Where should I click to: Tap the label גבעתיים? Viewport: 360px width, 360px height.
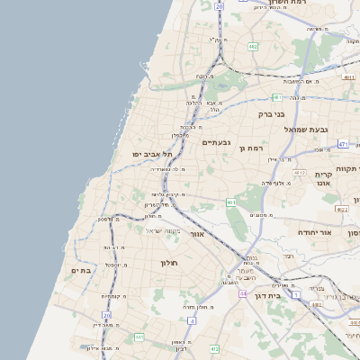217,142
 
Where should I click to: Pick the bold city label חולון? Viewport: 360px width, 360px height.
170,263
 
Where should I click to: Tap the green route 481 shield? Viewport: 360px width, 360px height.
277,96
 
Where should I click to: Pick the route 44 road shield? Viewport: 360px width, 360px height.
243,293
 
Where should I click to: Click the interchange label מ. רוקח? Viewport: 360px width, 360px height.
205,76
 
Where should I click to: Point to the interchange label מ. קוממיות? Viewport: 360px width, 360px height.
112,296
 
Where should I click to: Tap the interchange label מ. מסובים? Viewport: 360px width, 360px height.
263,214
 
